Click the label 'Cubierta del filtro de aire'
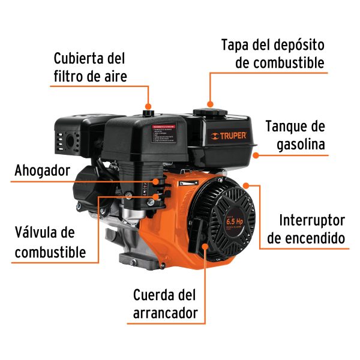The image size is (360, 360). [x=90, y=67]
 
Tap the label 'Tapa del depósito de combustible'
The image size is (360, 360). [x=273, y=53]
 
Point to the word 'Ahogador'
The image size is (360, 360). [x=42, y=171]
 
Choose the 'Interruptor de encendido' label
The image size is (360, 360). [x=306, y=228]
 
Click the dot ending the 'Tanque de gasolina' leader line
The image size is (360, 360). [x=255, y=155]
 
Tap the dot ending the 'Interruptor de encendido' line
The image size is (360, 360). [x=245, y=185]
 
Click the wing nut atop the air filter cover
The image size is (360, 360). [x=148, y=110]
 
